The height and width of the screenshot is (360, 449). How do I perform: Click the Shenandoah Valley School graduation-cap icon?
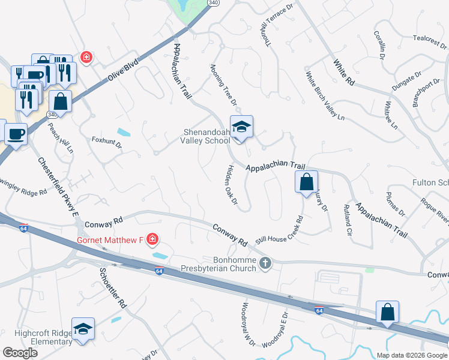click(x=241, y=127)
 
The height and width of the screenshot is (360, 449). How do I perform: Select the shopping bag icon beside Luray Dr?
click(x=306, y=181)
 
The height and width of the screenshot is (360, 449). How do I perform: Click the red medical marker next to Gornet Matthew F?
click(x=152, y=241)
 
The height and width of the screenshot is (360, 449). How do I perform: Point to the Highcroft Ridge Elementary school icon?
click(x=83, y=329)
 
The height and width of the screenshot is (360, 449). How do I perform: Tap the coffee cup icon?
click(x=16, y=133)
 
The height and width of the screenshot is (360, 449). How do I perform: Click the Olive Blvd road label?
click(x=123, y=71)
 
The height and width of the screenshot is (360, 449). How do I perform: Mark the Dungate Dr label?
click(x=407, y=80)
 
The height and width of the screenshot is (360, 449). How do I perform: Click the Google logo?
click(x=20, y=353)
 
